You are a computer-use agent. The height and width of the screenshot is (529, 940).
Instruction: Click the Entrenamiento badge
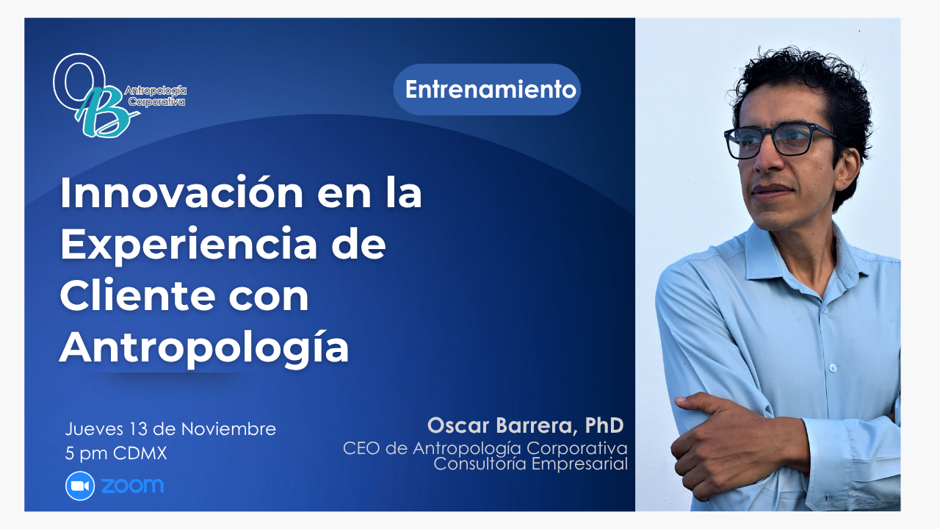coord(487,90)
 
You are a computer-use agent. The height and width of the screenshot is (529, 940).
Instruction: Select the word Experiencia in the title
coord(189,245)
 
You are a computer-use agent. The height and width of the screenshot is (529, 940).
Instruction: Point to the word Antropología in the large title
coord(204,348)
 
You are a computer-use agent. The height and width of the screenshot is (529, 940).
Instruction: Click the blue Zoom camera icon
coord(80,486)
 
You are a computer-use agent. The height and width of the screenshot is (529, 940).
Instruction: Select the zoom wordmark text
coord(133,486)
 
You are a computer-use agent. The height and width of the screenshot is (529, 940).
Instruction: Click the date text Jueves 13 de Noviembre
coord(170,429)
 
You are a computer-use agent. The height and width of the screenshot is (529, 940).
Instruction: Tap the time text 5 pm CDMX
coord(116,454)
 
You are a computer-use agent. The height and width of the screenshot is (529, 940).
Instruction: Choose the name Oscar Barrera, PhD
coord(525,425)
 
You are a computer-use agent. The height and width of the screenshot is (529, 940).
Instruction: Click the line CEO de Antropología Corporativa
coord(485,448)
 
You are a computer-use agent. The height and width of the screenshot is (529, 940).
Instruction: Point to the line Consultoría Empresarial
coord(530,464)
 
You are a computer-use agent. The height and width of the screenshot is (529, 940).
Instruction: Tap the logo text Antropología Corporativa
coord(155,96)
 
